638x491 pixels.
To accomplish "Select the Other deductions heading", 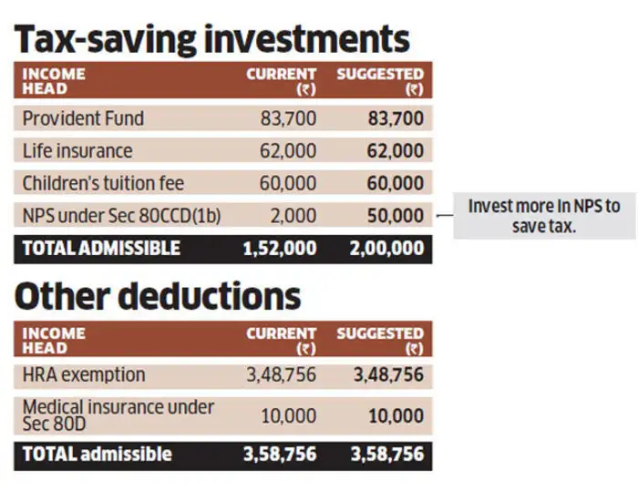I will tap(157, 295).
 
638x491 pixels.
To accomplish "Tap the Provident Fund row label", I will tap(83, 118).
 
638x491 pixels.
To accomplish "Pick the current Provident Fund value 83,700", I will tap(288, 118).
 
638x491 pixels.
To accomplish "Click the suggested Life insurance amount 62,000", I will tap(396, 150).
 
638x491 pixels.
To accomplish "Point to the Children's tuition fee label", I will tap(103, 183).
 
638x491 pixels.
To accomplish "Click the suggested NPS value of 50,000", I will tap(396, 216).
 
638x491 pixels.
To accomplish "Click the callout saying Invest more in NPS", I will tap(543, 216).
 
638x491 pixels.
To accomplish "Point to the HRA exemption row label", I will tap(84, 374).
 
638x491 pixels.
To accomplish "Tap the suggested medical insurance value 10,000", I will tap(396, 416).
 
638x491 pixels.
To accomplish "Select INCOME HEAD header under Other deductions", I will tap(54, 340).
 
